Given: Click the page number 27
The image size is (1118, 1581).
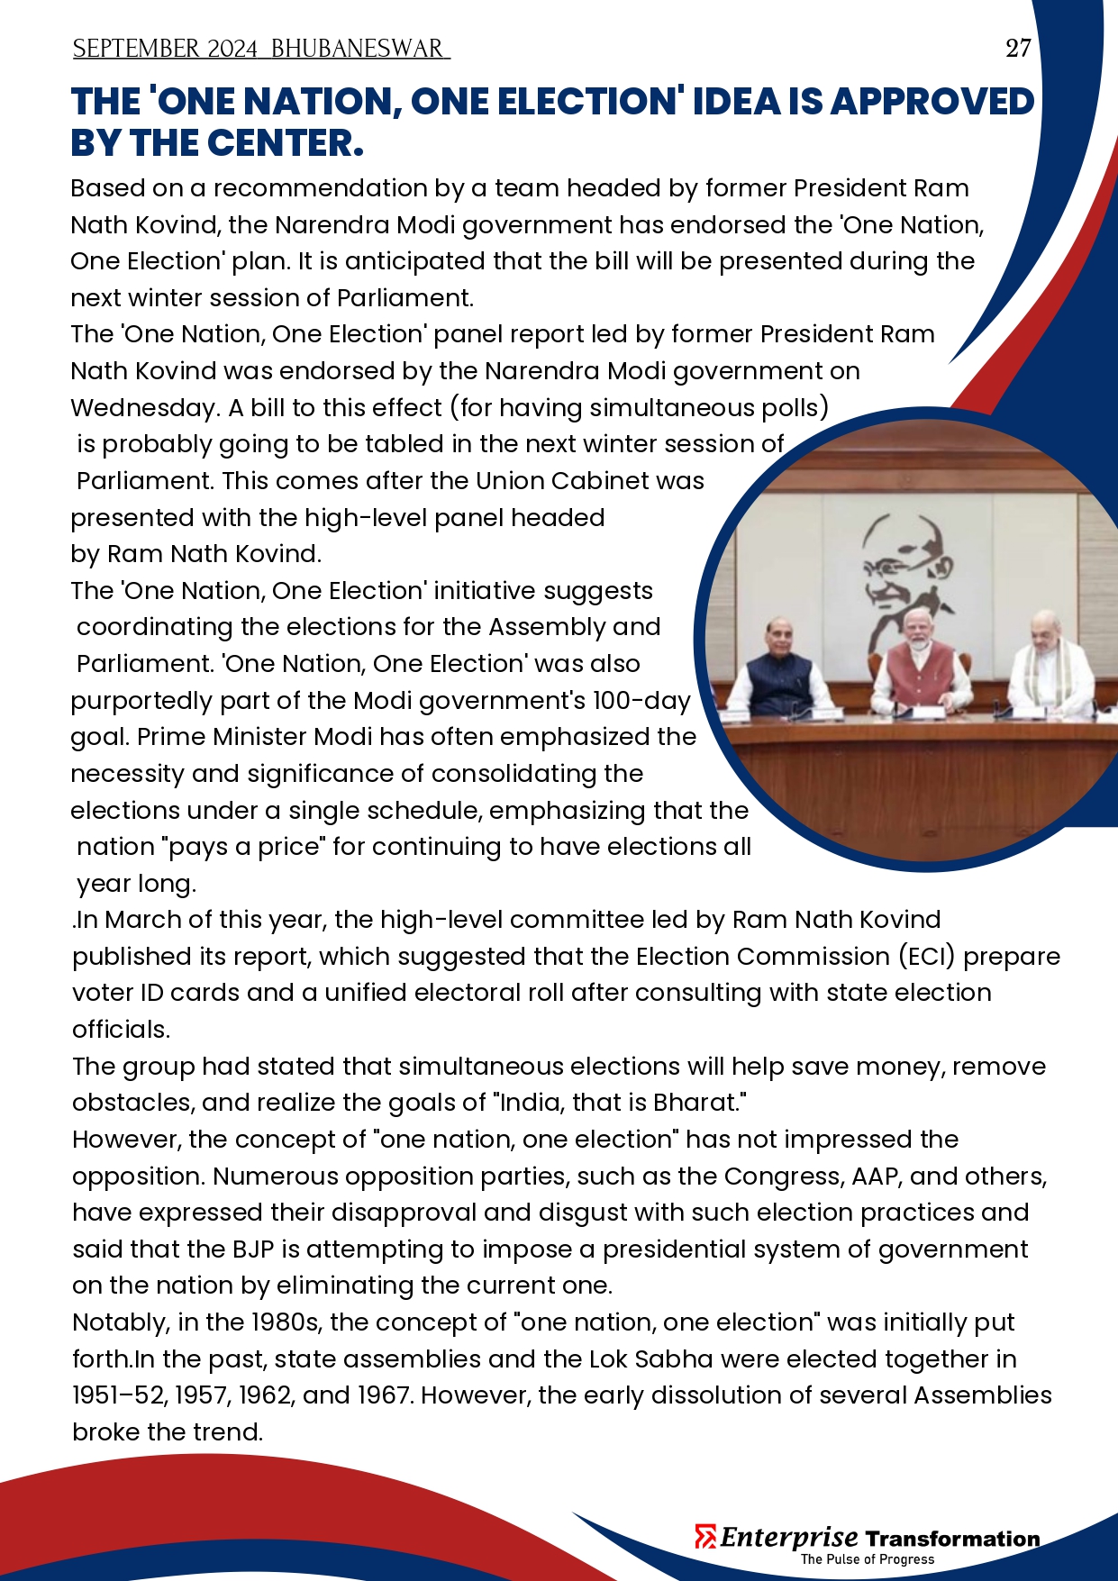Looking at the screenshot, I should point(1018,48).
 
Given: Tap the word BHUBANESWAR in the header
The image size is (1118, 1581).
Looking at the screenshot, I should point(357,49).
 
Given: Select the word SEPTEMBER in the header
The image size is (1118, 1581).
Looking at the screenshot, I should point(136,49).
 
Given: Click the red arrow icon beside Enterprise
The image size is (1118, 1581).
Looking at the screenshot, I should point(705,1536).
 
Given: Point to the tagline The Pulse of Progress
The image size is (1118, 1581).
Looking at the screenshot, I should point(867,1559).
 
